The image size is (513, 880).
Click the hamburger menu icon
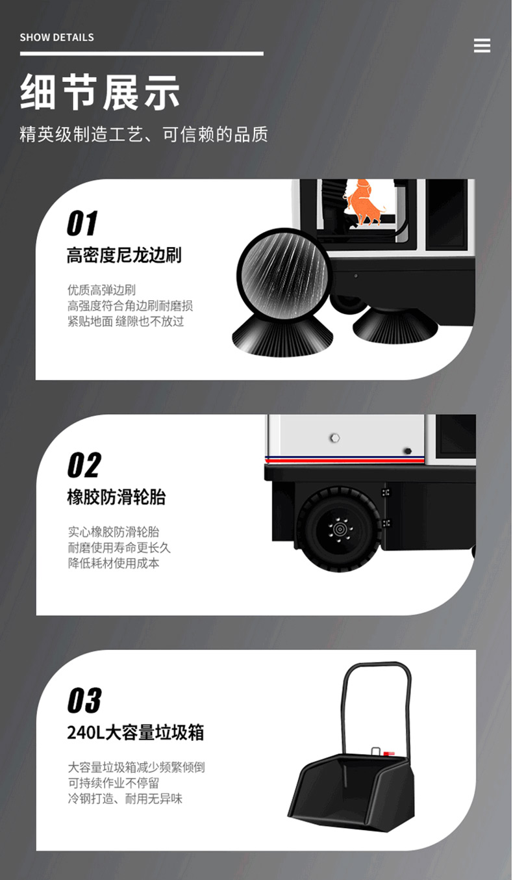482,45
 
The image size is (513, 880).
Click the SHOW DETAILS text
57,38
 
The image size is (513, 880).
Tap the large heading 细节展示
100,92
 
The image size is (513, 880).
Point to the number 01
82,223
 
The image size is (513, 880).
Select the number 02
84,465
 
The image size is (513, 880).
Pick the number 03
84,701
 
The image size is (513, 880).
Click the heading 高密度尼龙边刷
124,255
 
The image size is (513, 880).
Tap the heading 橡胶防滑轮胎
117,497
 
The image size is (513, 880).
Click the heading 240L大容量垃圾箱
136,732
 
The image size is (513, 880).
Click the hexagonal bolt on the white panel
335,437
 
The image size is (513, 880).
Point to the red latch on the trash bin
388,753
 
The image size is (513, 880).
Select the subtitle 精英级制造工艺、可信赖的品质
144,135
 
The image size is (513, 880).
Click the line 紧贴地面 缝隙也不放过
125,321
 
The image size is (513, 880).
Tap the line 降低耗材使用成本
114,563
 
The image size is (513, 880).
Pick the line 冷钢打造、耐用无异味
125,799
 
